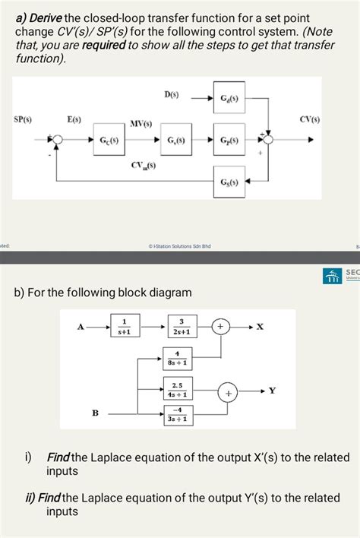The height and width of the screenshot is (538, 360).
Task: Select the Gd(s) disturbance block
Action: pyautogui.click(x=229, y=100)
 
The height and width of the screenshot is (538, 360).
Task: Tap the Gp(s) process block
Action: pyautogui.click(x=229, y=141)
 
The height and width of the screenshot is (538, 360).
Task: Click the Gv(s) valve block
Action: pyautogui.click(x=175, y=140)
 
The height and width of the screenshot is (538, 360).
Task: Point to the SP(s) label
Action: pyautogui.click(x=24, y=120)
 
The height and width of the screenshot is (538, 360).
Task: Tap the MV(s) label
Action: pyautogui.click(x=141, y=123)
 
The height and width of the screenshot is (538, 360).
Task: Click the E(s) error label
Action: pyautogui.click(x=74, y=120)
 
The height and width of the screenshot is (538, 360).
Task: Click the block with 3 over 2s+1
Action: pyautogui.click(x=181, y=327)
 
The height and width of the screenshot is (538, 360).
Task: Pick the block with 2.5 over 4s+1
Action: pyautogui.click(x=176, y=390)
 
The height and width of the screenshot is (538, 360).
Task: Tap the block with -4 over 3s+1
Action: pyautogui.click(x=176, y=414)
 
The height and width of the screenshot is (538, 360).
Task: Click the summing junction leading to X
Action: pyautogui.click(x=220, y=327)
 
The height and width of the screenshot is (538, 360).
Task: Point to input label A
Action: pyautogui.click(x=81, y=327)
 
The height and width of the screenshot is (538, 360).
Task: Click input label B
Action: pyautogui.click(x=95, y=413)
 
